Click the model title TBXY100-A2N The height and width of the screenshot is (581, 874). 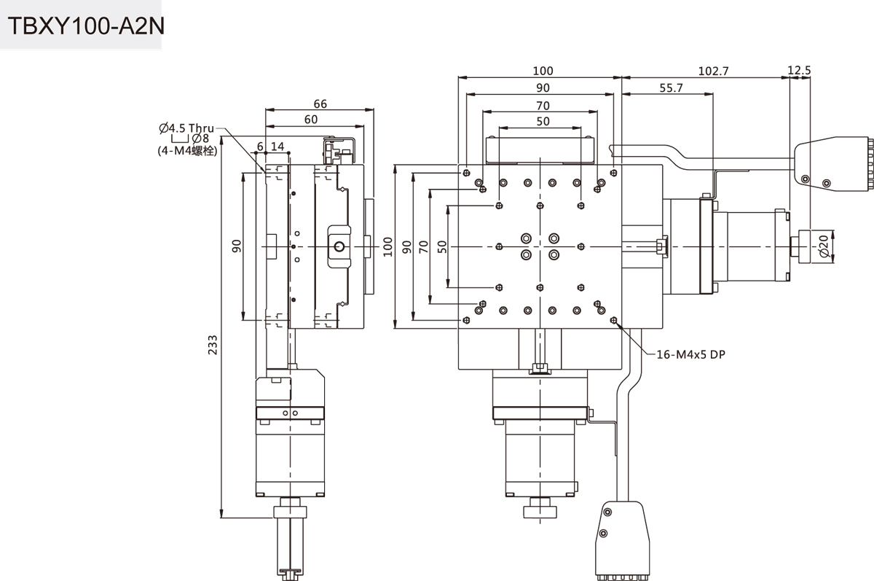coord(86,26)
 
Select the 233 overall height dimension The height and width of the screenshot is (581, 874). coord(213,345)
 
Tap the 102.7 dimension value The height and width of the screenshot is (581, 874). coord(713,71)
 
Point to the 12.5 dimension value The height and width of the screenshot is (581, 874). coord(799,70)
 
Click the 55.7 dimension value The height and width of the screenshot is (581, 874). coord(671,88)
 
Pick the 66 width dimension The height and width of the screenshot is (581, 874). coord(320,104)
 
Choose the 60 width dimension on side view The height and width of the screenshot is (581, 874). coord(311,120)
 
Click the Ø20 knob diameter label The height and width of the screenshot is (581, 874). coord(824,246)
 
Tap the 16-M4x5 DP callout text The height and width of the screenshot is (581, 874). coord(691,354)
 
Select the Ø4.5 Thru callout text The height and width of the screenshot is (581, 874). coord(186,128)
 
